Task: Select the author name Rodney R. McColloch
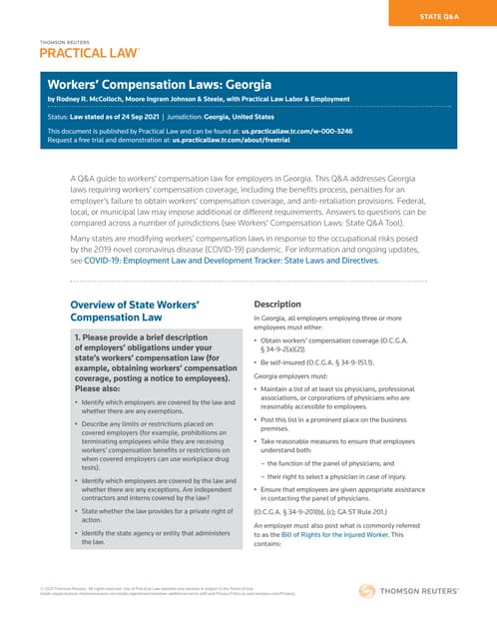point(108,101)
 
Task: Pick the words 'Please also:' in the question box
point(104,389)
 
